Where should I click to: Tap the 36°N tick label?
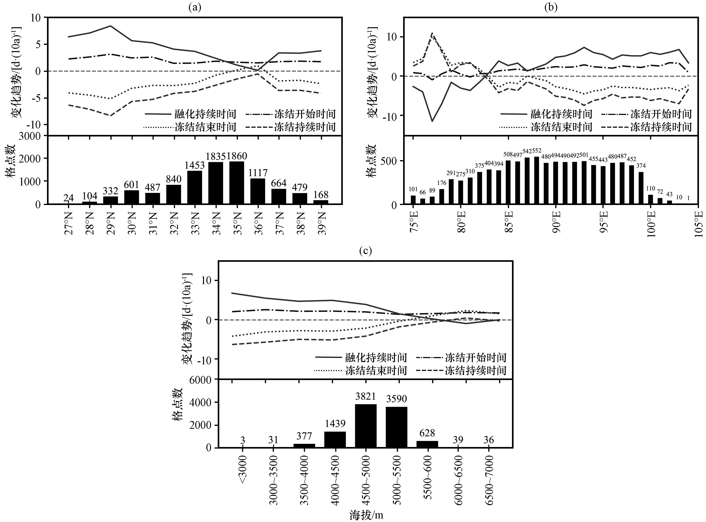[x=258, y=223]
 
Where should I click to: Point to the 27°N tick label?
[x=69, y=223]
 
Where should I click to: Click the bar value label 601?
[x=131, y=184]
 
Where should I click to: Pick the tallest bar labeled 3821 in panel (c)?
[x=366, y=426]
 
